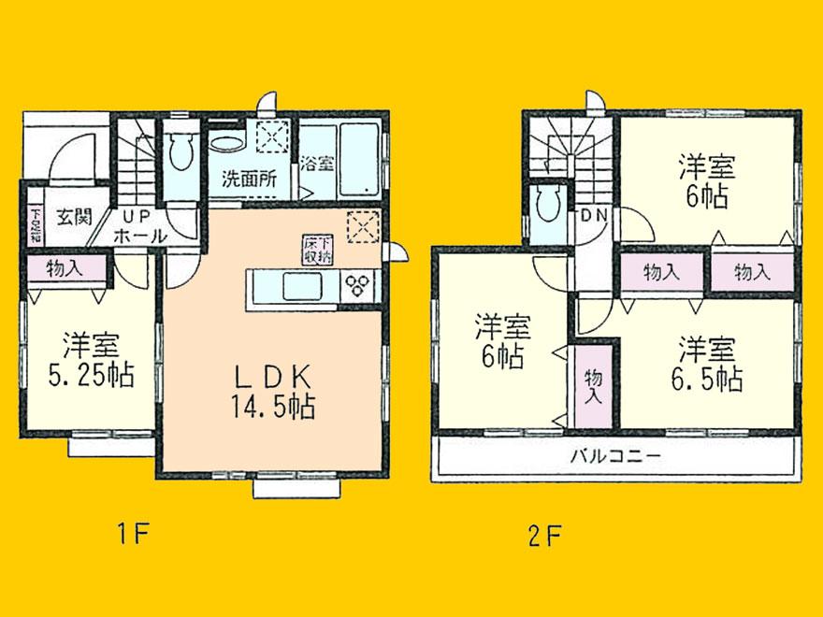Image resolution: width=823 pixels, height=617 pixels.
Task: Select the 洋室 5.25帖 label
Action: (91, 359)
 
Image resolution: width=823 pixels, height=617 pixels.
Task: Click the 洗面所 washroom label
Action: (248, 179)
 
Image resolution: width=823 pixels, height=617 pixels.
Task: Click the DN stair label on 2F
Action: (593, 214)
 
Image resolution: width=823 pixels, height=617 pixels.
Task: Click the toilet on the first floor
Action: (181, 152)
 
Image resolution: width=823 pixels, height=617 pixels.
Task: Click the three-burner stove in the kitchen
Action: (360, 285)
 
